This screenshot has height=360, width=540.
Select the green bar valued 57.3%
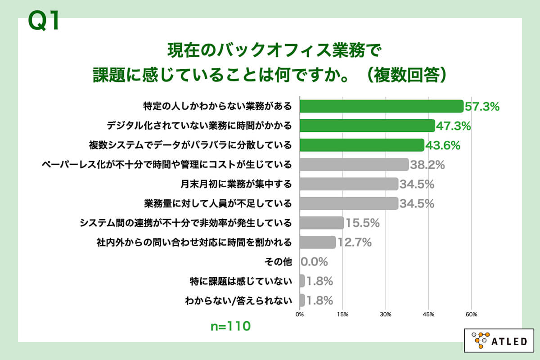pyautogui.click(x=381, y=106)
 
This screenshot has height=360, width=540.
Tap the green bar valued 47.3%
pyautogui.click(x=367, y=126)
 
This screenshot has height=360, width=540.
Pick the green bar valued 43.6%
pyautogui.click(x=362, y=145)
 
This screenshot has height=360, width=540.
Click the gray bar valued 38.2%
pyautogui.click(x=354, y=164)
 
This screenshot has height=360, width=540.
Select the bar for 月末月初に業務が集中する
pyautogui.click(x=349, y=184)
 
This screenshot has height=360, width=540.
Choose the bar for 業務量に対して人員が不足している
pyautogui.click(x=349, y=203)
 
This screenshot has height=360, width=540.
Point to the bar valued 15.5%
pyautogui.click(x=321, y=222)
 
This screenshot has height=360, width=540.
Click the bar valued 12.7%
pyautogui.click(x=317, y=242)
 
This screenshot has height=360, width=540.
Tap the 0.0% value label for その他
pyautogui.click(x=314, y=261)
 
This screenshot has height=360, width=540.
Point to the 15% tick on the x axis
pyautogui.click(x=342, y=314)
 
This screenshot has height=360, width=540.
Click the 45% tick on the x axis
pyautogui.click(x=428, y=314)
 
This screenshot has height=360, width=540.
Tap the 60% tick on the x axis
pyautogui.click(x=471, y=314)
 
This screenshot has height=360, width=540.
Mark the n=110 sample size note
pyautogui.click(x=230, y=326)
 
